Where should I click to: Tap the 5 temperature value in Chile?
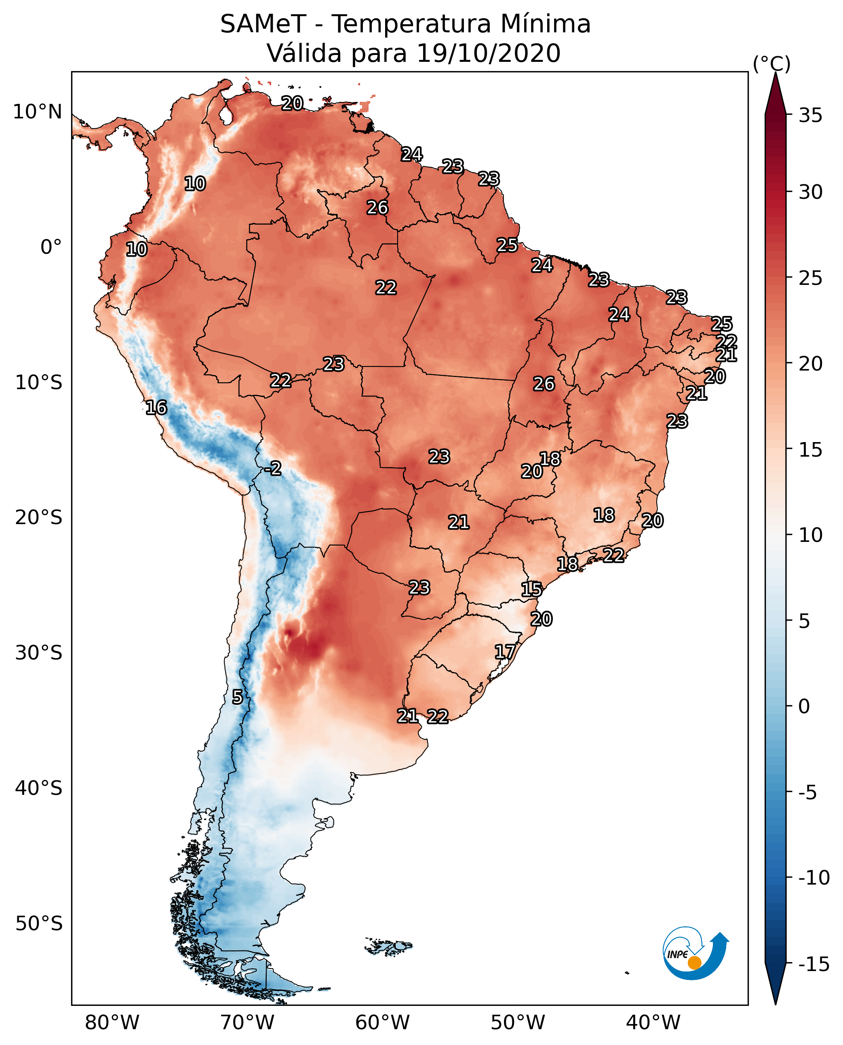pos(237,697)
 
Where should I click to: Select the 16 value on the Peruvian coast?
pos(156,407)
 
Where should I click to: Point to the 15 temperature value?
pos(532,590)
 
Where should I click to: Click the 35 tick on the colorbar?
pos(810,116)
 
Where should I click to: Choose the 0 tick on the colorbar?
pos(805,706)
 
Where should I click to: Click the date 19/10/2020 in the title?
pos(489,53)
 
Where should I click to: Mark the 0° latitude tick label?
pos(51,247)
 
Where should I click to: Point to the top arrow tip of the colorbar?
pos(776,73)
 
